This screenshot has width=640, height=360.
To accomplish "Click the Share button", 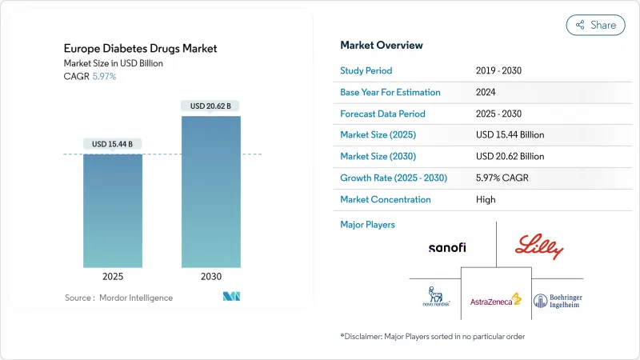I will click(595, 25).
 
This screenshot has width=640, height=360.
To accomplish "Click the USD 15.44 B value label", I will click(113, 144).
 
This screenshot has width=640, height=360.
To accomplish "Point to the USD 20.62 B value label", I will click(210, 106).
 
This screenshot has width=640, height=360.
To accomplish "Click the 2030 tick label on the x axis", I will click(210, 277).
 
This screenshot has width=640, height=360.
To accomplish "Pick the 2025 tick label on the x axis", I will click(113, 277).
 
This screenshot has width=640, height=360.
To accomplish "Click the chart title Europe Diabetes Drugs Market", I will click(140, 49).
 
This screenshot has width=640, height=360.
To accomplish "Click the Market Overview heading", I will click(382, 46).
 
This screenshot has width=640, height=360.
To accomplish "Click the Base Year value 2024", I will click(486, 93).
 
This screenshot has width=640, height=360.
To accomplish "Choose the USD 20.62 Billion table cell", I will click(510, 157).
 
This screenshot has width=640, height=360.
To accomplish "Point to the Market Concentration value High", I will click(486, 199).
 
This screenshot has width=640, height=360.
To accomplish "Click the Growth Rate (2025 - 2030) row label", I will click(394, 178).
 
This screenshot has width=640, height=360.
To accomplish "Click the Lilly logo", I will click(540, 246).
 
